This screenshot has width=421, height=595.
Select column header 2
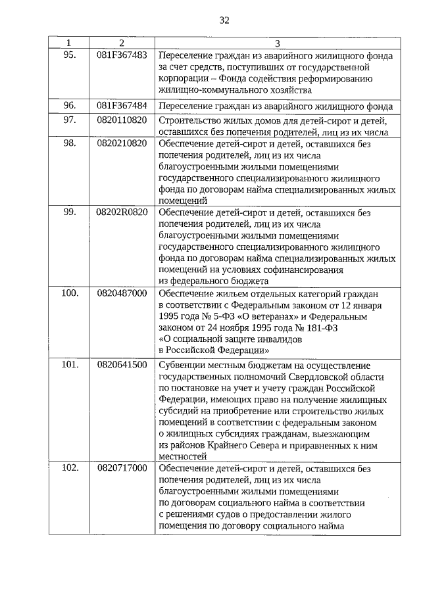(121, 43)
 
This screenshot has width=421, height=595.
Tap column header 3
(277, 43)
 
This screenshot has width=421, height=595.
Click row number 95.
(69, 55)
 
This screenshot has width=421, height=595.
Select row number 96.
(69, 105)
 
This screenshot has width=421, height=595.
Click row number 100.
(70, 293)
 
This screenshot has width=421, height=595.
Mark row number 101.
(70, 364)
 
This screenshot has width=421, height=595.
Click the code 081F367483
(122, 55)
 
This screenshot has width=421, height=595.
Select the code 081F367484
(122, 105)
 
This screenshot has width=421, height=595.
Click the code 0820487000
(122, 293)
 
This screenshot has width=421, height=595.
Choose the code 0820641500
(122, 364)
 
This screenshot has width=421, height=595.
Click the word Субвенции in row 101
(182, 365)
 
